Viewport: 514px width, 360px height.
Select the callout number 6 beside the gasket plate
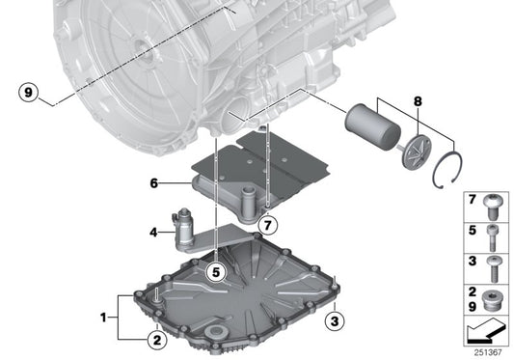point(153,180)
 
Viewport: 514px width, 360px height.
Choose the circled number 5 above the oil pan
point(217,272)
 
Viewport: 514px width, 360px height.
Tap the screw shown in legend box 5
point(495,233)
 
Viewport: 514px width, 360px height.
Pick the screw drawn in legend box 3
point(495,263)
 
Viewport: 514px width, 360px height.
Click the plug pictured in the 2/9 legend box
point(495,296)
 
